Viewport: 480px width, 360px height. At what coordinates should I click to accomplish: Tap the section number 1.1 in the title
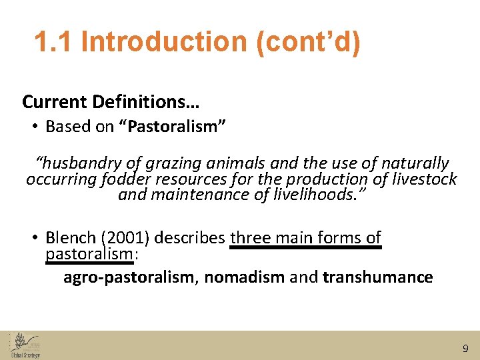click(x=55, y=42)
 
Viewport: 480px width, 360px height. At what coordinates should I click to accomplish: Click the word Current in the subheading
click(x=54, y=102)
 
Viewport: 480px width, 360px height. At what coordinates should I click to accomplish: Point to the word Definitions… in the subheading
click(x=146, y=102)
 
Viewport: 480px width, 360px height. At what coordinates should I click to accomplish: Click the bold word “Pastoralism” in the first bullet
click(x=172, y=127)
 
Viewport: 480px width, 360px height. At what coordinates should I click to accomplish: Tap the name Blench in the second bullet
click(x=69, y=238)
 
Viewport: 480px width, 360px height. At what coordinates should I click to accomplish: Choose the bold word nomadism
click(x=244, y=277)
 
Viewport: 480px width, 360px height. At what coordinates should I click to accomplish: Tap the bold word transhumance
click(x=377, y=277)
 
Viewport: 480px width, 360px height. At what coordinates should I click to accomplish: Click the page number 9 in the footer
click(x=465, y=348)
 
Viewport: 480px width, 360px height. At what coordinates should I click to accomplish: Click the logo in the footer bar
click(x=25, y=345)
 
